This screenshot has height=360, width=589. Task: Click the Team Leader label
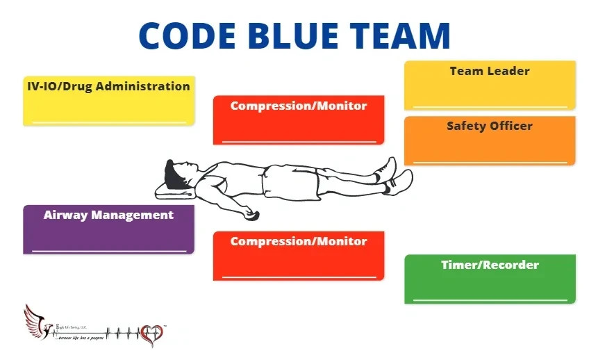pos(490,71)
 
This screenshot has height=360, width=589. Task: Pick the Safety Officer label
pos(490,126)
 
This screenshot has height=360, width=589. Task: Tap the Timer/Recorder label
pos(490,265)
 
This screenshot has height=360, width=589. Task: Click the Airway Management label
pos(108,215)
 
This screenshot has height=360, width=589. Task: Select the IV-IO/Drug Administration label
pos(103,87)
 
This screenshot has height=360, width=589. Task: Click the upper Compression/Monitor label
pos(299,106)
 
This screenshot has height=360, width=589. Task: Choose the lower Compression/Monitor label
pos(299,241)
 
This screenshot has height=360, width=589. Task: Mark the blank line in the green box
pos(490,300)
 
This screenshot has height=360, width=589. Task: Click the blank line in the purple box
pos(109,250)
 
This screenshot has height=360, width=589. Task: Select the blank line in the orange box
pos(490,162)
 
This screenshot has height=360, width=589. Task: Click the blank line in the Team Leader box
pos(490,106)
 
